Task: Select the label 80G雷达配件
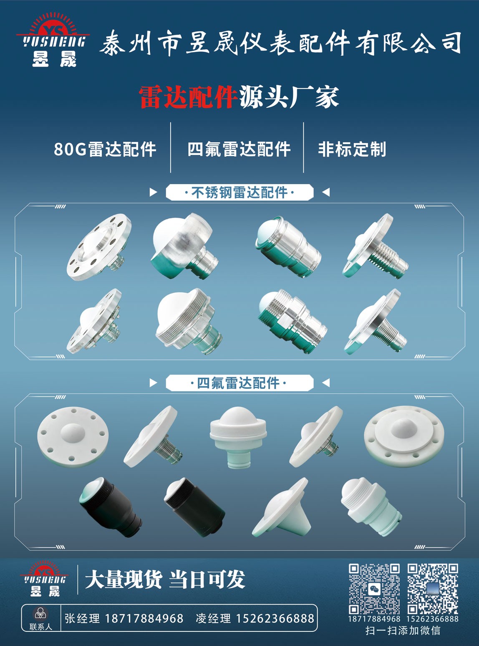coord(105,149)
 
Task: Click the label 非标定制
coord(352,149)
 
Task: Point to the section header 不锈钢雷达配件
coord(239,193)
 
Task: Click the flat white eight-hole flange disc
coord(73,437)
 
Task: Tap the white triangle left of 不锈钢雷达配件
coord(153,192)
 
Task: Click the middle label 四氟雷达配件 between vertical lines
coord(239,149)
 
